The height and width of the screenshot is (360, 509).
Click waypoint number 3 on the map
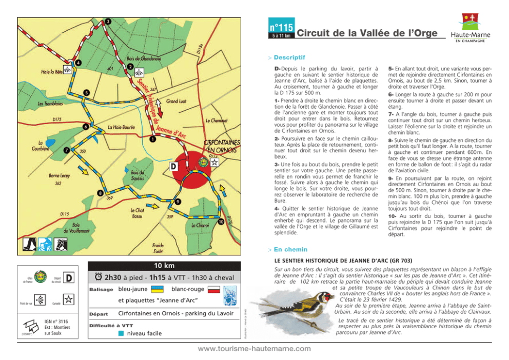click(x=108, y=21)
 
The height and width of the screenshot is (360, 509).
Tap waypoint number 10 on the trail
click(x=220, y=222)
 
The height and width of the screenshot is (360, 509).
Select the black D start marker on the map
click(x=173, y=167)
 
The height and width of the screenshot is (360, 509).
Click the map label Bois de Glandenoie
click(x=144, y=58)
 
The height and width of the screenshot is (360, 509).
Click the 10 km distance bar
click(x=164, y=266)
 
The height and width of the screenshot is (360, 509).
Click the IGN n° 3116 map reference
click(x=58, y=322)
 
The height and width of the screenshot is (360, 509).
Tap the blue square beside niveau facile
click(x=120, y=333)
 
